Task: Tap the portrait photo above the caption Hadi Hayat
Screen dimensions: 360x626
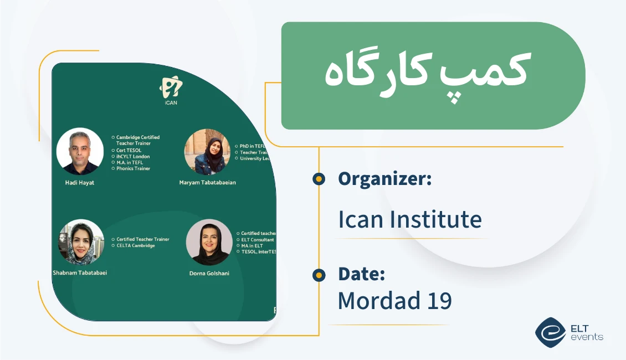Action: [x=80, y=151]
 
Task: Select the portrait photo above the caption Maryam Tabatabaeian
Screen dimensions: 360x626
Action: [x=207, y=152]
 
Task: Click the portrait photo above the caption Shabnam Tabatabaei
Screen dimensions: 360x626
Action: [x=81, y=243]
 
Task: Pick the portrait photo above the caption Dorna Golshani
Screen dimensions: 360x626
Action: [x=209, y=243]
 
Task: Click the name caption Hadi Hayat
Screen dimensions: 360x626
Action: [x=80, y=183]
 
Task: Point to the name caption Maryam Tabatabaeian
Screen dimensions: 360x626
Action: [x=207, y=183]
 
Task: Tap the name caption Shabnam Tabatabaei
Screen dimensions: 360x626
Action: [x=80, y=272]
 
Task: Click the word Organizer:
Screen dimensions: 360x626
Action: [x=384, y=179]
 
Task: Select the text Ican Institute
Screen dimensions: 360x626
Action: [x=409, y=220]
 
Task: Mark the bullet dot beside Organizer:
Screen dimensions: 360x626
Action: [x=319, y=179]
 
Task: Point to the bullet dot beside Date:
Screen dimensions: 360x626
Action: [x=319, y=274]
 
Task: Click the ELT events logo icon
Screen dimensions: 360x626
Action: [x=550, y=332]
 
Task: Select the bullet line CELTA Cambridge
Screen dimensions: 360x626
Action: [x=136, y=245]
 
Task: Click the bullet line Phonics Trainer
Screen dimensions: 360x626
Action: [x=133, y=168]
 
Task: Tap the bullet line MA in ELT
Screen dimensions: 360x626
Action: [x=252, y=245]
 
